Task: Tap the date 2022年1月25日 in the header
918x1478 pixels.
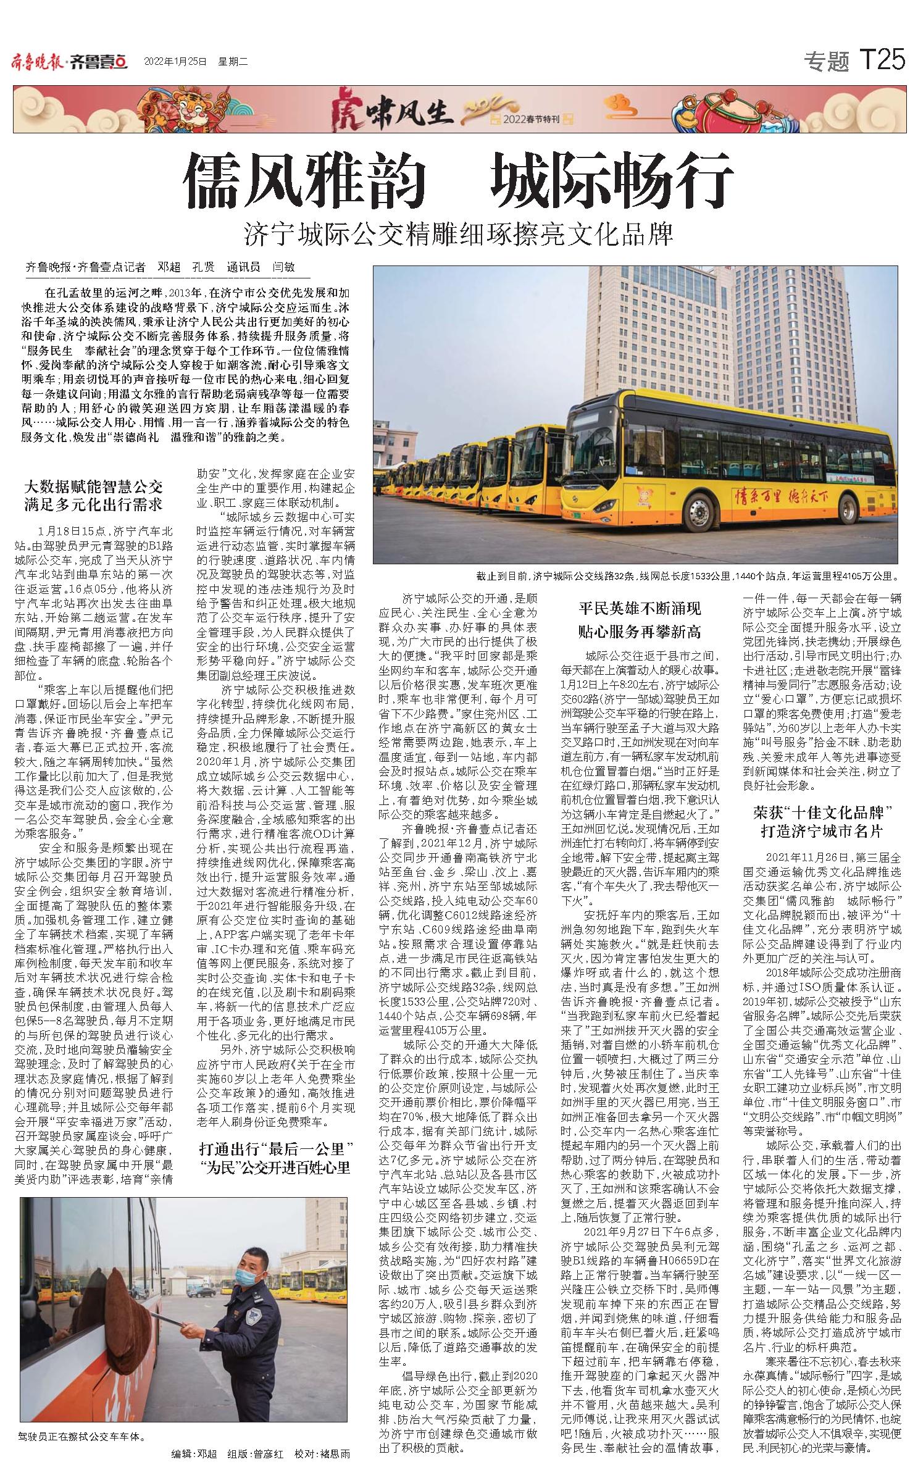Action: point(175,62)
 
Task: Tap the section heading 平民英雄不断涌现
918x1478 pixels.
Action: point(640,609)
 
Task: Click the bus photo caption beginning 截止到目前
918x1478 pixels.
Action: point(685,576)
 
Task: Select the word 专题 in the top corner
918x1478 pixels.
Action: point(826,61)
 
